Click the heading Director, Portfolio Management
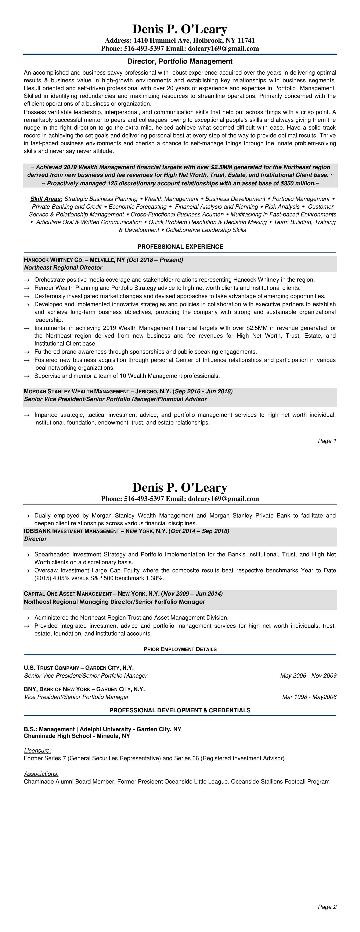pyautogui.click(x=180, y=61)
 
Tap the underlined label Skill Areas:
pyautogui.click(x=46, y=199)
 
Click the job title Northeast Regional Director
pyautogui.click(x=63, y=267)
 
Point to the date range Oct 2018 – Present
pyautogui.click(x=155, y=260)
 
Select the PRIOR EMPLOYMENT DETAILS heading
pyautogui.click(x=180, y=649)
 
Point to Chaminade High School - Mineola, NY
pyautogui.click(x=77, y=736)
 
